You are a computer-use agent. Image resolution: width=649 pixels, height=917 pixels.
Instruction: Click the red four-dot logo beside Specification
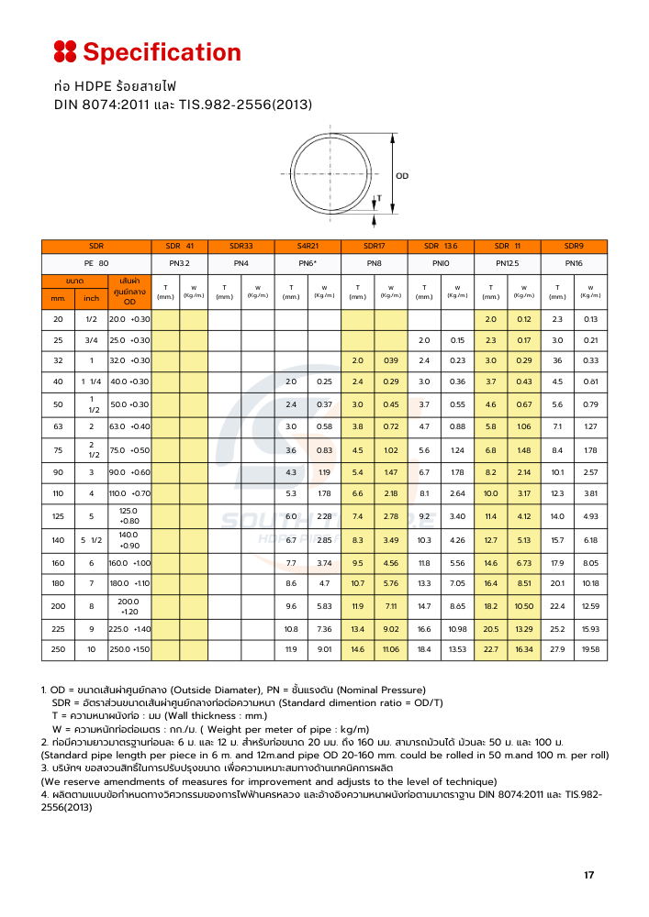coord(64,51)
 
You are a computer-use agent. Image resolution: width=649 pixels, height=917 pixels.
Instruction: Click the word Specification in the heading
coord(162,52)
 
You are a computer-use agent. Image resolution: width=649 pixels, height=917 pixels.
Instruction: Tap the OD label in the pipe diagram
coord(402,175)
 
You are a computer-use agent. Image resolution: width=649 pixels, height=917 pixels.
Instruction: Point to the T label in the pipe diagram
coord(379,198)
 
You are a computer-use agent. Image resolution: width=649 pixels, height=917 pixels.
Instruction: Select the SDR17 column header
coord(374,247)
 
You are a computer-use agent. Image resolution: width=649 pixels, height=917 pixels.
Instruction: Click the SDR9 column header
coord(574,247)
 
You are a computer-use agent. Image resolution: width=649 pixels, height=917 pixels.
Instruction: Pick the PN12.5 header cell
coord(508,263)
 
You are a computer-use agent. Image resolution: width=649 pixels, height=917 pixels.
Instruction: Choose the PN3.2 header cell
coord(179,263)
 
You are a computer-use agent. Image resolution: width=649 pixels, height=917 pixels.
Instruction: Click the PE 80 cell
coord(96,263)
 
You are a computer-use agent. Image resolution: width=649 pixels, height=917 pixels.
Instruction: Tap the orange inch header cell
coord(91,298)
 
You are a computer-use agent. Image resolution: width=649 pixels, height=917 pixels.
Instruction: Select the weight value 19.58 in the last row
coord(590,649)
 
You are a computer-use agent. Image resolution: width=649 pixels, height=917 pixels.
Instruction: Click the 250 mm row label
coord(59,649)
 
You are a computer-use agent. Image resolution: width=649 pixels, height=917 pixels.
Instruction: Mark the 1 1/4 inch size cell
coord(91,381)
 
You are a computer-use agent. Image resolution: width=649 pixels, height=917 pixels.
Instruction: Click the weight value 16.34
coord(524,649)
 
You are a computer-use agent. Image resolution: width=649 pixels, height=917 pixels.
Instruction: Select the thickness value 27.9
coord(557,649)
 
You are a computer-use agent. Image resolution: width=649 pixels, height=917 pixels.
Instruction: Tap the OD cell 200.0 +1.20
coord(129,605)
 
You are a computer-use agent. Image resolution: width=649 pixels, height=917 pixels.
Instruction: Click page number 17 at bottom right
coord(588,875)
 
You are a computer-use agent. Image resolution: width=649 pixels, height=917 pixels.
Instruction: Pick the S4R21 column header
coord(308,247)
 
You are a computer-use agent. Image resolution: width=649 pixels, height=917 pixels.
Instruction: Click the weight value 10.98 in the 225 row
coord(457,628)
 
